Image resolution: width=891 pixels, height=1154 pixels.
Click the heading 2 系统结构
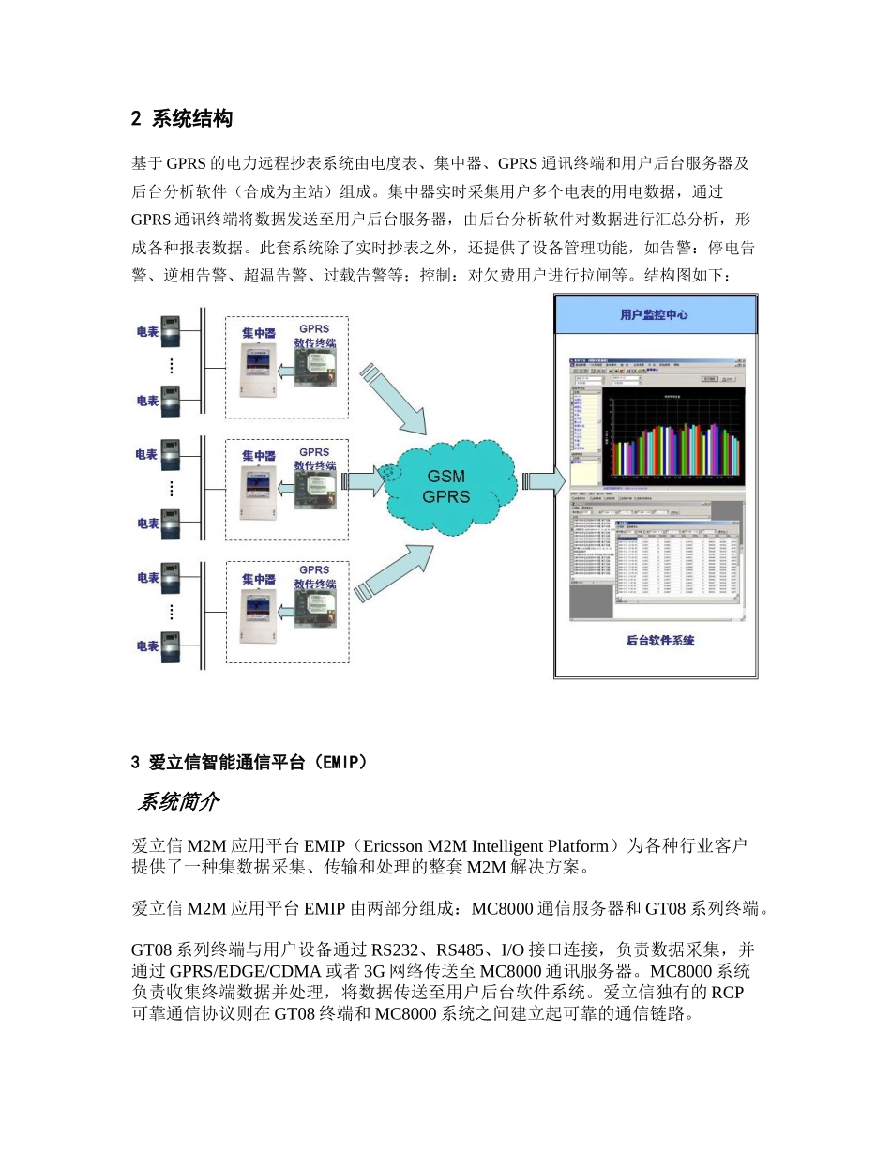coord(182,119)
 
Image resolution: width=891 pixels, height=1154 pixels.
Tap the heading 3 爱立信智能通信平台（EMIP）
coord(249,763)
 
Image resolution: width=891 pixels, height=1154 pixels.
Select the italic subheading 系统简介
coord(179,802)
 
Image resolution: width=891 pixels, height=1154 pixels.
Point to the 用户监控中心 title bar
coord(655,315)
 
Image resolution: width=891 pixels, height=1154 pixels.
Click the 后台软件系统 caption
coord(659,642)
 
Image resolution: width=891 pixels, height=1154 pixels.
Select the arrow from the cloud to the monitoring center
coord(543,481)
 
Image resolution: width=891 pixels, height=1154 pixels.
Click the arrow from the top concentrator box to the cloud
coord(395,398)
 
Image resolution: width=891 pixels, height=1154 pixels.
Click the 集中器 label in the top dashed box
coord(258,333)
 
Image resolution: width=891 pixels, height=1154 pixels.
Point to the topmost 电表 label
coord(146,331)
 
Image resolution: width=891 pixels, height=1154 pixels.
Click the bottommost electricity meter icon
coord(171,645)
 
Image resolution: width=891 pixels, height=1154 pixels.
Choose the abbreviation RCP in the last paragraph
coord(729,994)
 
